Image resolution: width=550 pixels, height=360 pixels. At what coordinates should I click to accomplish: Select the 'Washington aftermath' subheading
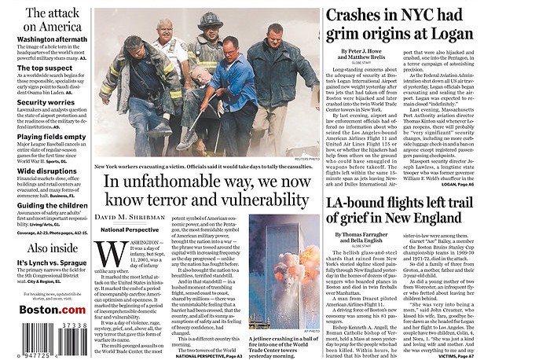(x=52, y=39)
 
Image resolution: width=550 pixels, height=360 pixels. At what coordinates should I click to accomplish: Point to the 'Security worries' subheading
(x=46, y=102)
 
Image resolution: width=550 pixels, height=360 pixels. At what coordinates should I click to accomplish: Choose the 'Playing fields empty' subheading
(x=52, y=136)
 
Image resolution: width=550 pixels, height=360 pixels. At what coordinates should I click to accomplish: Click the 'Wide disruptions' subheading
(x=47, y=171)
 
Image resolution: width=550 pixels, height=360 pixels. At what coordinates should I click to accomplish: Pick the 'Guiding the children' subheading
(x=52, y=205)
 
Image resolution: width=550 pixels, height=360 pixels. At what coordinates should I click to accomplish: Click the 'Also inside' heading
(x=52, y=248)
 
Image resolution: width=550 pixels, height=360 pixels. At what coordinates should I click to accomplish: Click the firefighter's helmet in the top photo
(x=209, y=19)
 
